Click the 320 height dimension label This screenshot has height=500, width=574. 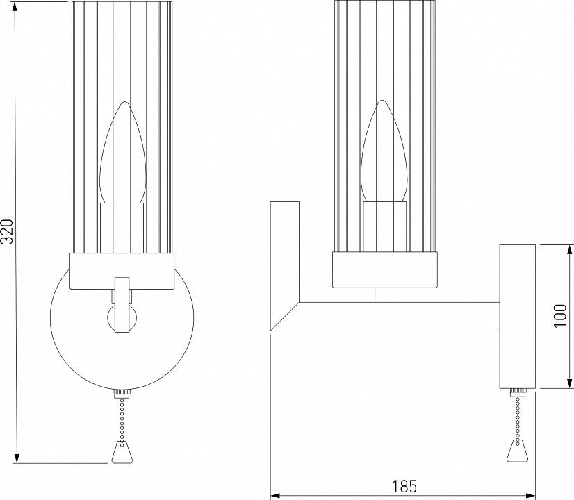[8, 231]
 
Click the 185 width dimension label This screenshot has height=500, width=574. [404, 487]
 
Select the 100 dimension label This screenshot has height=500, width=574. [560, 315]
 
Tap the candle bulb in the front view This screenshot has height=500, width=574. [123, 153]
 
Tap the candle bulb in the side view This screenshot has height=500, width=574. [384, 151]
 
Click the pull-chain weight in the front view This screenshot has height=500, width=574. [122, 452]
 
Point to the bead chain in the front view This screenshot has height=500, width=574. [122, 419]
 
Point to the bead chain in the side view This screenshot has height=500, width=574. [518, 419]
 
